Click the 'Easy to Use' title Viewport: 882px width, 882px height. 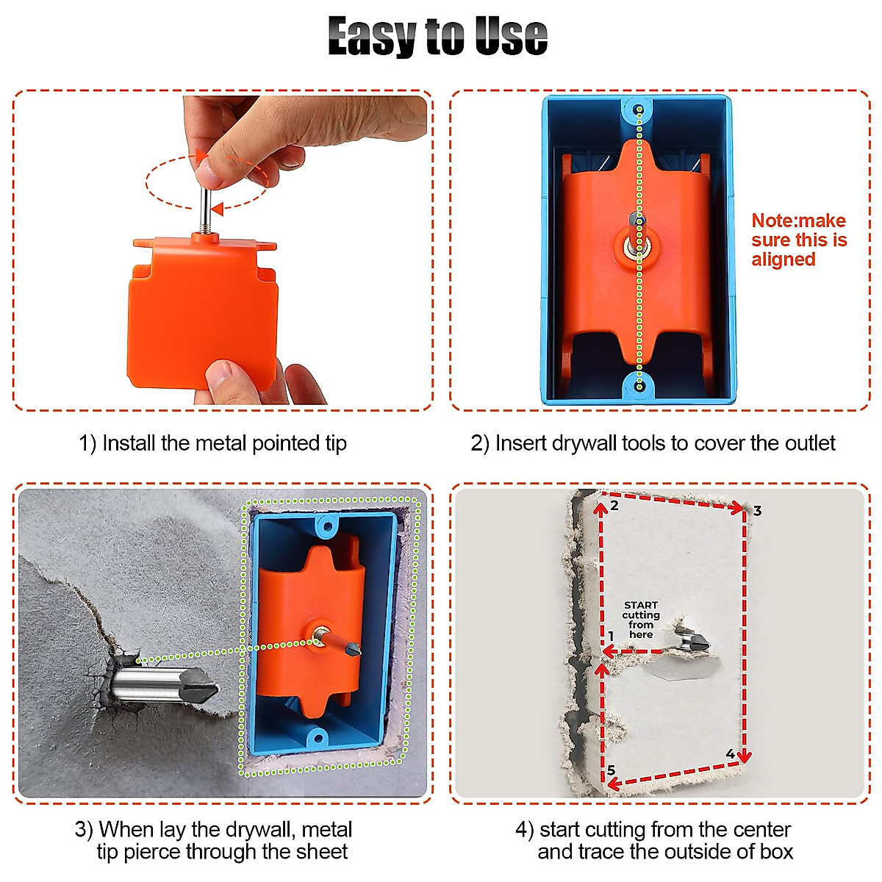(438, 37)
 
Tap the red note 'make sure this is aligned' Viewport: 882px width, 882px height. (798, 240)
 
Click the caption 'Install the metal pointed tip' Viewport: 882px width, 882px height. (213, 443)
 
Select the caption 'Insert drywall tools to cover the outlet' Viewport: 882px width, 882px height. (653, 443)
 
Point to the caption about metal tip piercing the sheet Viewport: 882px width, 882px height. (214, 840)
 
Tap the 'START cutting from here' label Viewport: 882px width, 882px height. (640, 620)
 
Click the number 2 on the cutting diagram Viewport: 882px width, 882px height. (614, 506)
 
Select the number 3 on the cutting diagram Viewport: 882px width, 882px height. (757, 511)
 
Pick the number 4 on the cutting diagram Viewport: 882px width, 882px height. (730, 754)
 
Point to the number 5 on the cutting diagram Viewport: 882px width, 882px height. (612, 770)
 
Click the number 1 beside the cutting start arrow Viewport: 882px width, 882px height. (611, 636)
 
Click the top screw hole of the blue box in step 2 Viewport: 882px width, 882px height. (639, 112)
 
